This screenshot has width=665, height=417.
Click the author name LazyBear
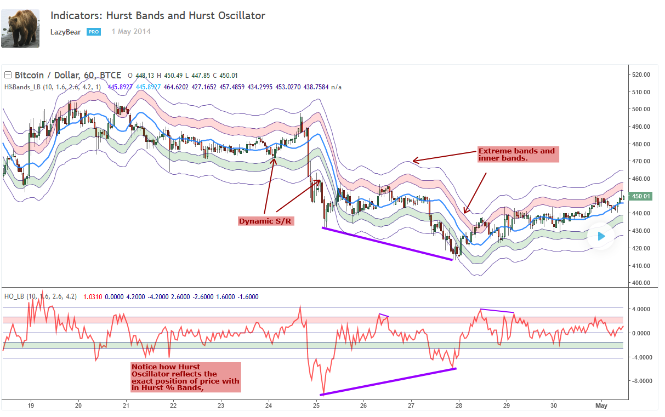[65, 32]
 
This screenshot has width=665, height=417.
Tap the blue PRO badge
[93, 32]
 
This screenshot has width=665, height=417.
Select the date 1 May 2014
[131, 32]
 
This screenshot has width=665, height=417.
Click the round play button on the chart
[601, 236]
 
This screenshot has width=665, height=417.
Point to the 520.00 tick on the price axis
[641, 75]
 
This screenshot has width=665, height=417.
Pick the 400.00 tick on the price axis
[641, 283]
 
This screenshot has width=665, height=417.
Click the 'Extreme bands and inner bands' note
[518, 155]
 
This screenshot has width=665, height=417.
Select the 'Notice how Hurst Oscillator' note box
[186, 377]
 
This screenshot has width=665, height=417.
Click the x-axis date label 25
[316, 406]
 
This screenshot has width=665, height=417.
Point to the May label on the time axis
[601, 406]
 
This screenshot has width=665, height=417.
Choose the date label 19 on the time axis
[31, 406]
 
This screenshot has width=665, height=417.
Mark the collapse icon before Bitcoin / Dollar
[8, 75]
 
